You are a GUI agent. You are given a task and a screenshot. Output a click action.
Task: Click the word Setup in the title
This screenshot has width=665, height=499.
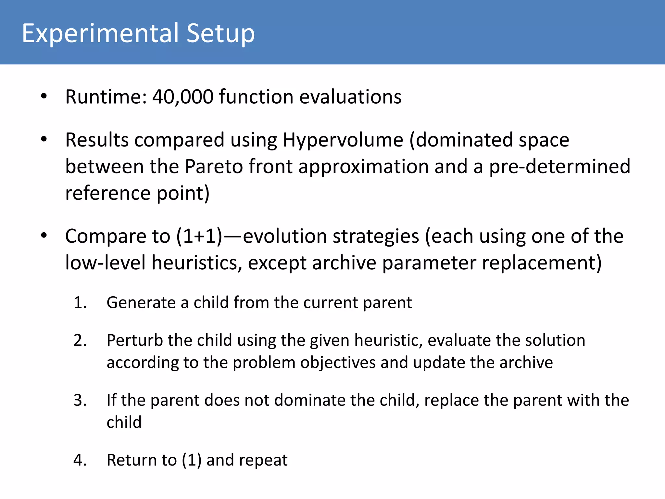220,33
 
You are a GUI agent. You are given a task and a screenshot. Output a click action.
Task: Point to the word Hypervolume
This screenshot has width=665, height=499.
343,140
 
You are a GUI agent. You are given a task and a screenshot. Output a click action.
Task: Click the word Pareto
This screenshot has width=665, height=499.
214,167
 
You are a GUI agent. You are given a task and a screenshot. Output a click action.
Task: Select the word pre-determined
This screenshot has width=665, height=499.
559,167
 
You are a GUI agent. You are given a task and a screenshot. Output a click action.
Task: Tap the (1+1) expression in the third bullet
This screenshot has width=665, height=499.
199,236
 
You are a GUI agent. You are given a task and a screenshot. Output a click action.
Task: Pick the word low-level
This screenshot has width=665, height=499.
105,262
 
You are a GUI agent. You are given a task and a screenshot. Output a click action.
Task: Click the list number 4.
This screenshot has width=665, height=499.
80,460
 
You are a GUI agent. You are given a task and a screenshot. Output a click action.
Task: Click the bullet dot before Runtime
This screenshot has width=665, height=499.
44,96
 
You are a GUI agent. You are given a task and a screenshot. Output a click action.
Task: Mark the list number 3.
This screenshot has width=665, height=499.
80,400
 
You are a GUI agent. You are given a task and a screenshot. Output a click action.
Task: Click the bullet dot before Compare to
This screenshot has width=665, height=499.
44,236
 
